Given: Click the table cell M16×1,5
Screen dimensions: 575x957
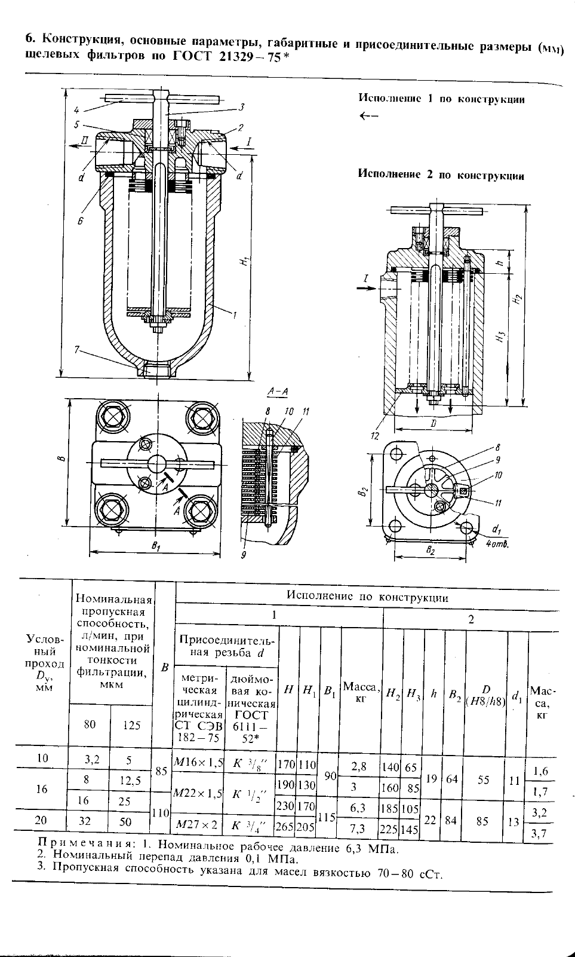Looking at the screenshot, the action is [198, 762].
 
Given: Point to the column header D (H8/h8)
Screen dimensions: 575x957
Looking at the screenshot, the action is [486, 695].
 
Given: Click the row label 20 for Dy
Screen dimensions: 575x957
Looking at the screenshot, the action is [41, 820].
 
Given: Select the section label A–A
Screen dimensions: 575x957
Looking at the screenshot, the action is [278, 392].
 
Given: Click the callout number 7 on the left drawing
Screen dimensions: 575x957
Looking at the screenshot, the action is [76, 350].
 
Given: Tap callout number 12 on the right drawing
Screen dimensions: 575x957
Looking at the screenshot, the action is [375, 436].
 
